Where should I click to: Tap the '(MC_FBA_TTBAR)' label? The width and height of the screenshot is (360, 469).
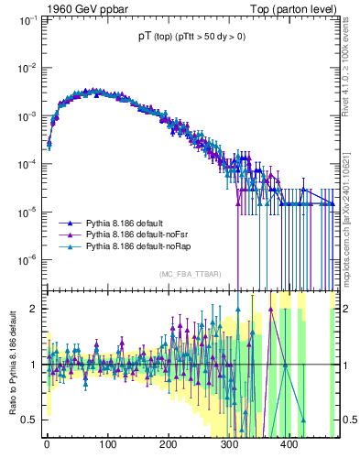[191, 275]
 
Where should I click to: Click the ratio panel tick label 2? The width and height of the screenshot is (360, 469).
[34, 308]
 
